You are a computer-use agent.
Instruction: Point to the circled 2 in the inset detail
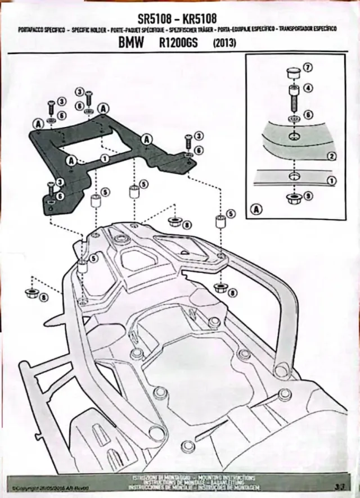tap(332, 156)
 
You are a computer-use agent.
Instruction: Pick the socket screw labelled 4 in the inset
tap(292, 98)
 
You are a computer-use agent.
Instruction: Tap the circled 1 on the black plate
tap(104, 159)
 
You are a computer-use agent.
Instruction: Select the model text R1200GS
tap(177, 43)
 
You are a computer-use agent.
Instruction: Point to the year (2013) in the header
tap(225, 43)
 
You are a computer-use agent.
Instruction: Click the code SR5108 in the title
tap(152, 20)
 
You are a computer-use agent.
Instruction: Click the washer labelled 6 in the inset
tap(292, 119)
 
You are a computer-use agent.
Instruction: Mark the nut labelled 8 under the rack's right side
tap(220, 289)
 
